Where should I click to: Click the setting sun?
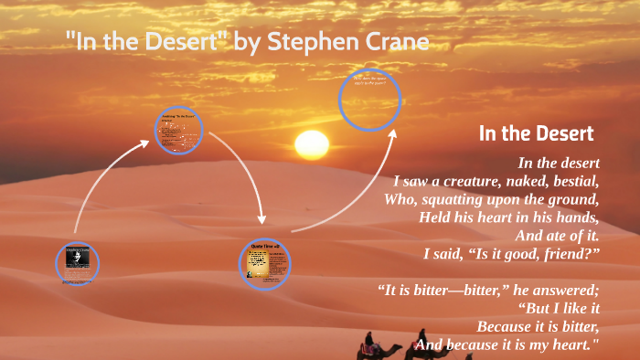311,143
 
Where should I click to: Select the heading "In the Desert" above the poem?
537,133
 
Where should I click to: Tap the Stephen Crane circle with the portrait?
77,263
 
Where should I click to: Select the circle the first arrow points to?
177,130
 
